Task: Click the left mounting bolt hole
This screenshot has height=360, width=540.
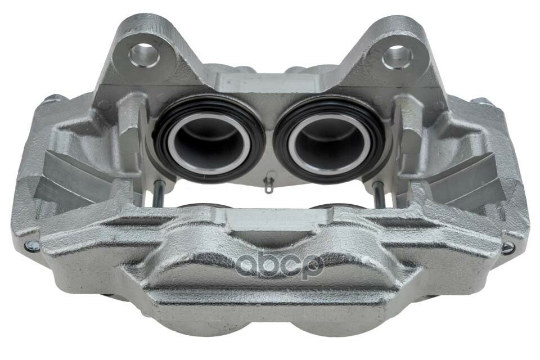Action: (145, 55)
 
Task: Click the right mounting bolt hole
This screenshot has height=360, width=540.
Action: (398, 57)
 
